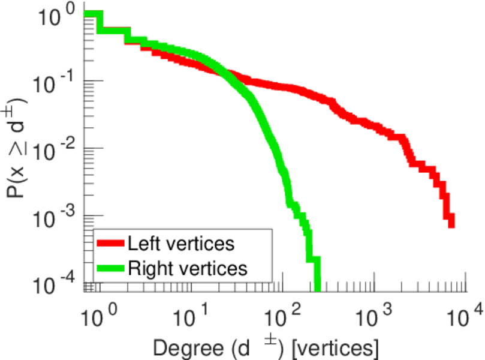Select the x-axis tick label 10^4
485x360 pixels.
465,316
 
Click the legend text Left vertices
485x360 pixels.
180,244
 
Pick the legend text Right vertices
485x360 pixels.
187,268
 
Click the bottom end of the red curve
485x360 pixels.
451,224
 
